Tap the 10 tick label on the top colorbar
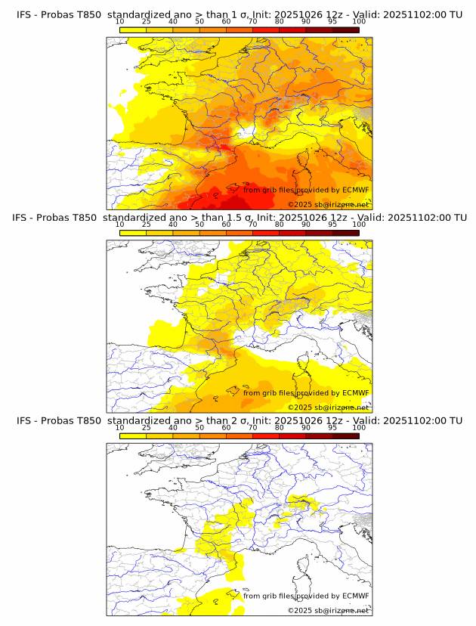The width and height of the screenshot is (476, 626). point(120,22)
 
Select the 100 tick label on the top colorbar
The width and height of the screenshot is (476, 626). point(359,22)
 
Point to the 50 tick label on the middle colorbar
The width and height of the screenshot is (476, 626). point(199,225)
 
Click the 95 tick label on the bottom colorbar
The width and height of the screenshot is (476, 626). point(332,427)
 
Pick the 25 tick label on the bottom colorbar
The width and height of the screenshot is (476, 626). point(146,427)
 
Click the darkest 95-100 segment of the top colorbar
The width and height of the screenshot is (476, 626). point(345,29)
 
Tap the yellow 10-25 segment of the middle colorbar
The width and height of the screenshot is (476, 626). point(133,233)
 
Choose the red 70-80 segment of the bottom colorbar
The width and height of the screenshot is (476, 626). point(266,435)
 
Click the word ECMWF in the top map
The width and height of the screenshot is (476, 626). point(355,191)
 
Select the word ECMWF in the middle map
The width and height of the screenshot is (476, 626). point(355,393)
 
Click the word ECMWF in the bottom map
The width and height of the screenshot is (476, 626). point(355,596)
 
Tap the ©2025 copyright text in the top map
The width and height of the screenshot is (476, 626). point(300,205)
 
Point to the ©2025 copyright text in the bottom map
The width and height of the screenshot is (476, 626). point(300,610)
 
